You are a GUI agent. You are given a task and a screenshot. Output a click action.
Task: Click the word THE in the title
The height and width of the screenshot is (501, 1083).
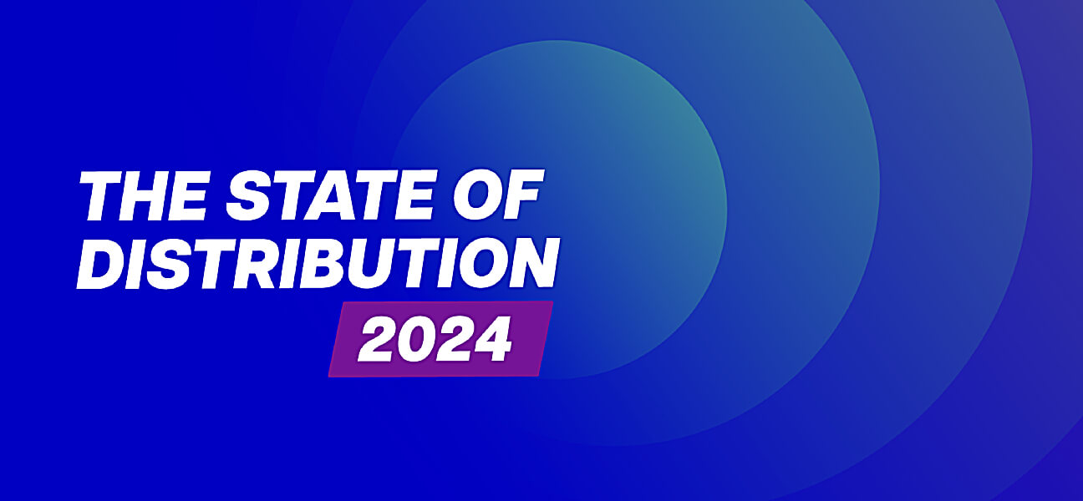144,195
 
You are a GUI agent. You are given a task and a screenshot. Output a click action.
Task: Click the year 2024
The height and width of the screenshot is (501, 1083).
435,339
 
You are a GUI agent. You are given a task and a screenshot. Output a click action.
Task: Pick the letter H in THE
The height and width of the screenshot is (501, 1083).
145,195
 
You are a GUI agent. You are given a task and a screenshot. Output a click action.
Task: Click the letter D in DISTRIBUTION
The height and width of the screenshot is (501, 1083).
103,264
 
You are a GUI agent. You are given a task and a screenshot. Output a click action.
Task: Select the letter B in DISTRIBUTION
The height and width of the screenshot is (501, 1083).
338,264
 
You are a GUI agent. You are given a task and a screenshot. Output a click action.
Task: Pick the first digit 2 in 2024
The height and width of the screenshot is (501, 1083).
377,339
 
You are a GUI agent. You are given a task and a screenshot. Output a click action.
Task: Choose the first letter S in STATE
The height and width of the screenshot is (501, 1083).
249,195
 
